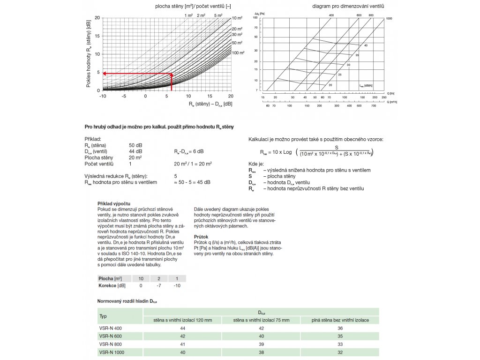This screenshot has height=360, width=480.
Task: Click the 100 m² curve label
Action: [x=238, y=53]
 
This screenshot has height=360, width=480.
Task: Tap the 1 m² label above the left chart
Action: [x=189, y=15]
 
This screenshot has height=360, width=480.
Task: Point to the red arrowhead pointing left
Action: [x=105, y=74]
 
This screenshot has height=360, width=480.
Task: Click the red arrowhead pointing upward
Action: [x=172, y=75]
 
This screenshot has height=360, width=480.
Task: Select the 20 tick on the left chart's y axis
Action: [x=97, y=18]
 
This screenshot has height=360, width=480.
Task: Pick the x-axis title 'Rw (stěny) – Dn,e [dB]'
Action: [x=210, y=104]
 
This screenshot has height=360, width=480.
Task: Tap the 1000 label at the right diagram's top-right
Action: [x=389, y=18]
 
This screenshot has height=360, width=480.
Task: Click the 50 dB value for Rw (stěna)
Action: [x=135, y=145]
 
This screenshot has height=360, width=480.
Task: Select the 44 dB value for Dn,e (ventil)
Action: [x=135, y=151]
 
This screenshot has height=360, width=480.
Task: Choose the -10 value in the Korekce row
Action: [x=177, y=285]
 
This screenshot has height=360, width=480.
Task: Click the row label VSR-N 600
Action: [x=111, y=336]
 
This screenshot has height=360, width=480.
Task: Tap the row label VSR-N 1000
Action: [x=112, y=352]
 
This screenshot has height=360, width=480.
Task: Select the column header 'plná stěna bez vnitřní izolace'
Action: [x=340, y=320]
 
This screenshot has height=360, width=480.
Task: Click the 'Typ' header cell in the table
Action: [x=104, y=316]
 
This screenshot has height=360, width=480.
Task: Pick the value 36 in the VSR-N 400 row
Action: [x=340, y=328]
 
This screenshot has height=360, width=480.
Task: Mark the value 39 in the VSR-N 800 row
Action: [x=262, y=344]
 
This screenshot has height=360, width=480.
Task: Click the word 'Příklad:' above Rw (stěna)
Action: [x=92, y=139]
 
